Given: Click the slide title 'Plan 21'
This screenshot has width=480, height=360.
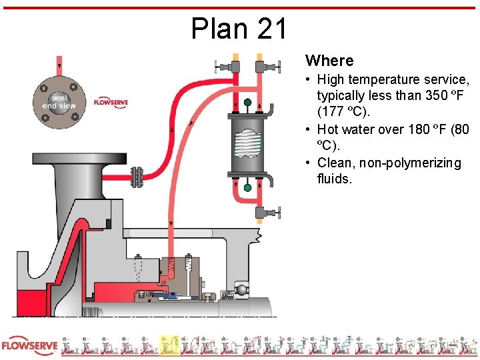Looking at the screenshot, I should tap(239, 29).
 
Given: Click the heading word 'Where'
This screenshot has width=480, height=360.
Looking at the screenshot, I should tap(329, 61).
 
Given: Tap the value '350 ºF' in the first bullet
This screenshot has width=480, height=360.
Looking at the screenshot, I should tap(447, 95).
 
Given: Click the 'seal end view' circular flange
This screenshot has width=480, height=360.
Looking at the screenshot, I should tap(59, 101).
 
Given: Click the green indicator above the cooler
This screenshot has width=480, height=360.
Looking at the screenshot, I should tap(247, 103).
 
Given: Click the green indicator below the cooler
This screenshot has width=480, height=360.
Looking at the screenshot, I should tap(247, 188).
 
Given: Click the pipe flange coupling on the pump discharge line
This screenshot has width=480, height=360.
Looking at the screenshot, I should tap(137, 177).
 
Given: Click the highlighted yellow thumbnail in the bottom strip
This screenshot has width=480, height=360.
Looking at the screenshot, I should tap(169, 345).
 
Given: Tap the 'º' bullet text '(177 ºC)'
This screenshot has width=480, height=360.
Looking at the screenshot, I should tap(337, 112).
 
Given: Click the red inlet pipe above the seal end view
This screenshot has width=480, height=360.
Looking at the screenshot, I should tap(59, 65).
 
